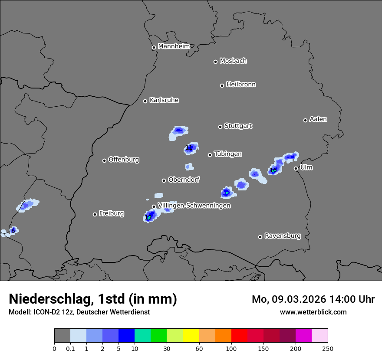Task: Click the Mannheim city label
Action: (x=174, y=46)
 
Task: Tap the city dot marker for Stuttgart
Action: (x=220, y=127)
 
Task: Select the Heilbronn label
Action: (x=241, y=85)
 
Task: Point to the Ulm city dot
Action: (x=296, y=168)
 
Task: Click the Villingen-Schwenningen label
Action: (x=194, y=206)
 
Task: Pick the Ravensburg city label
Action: (x=283, y=236)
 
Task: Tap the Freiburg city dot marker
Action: (x=95, y=214)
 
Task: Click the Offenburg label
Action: (x=124, y=160)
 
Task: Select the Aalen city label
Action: (x=318, y=119)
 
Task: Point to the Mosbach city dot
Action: (x=215, y=62)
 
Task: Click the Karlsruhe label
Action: (x=164, y=100)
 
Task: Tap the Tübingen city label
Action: (x=228, y=154)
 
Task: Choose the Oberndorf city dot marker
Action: (x=164, y=180)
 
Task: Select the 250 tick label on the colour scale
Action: (x=328, y=349)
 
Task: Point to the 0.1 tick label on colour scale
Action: (x=70, y=349)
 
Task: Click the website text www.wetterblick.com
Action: (x=313, y=312)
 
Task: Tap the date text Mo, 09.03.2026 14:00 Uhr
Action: (x=313, y=299)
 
